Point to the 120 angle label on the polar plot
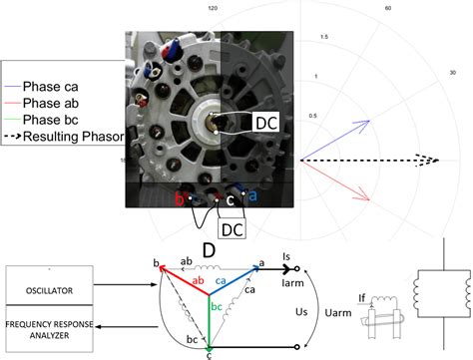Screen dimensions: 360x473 click(212, 7)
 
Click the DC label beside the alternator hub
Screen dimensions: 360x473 click(266, 122)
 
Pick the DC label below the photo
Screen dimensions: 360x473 click(232, 229)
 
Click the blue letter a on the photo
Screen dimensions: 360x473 click(251, 196)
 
